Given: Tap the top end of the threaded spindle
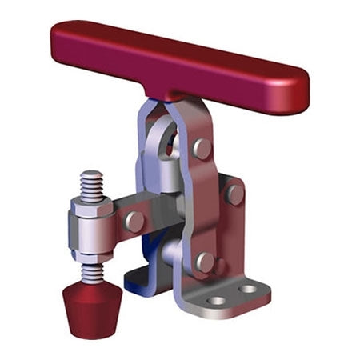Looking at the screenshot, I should coord(90,174).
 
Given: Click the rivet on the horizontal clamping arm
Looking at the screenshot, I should coord(135,221).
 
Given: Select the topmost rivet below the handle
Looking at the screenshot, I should coord(203,149).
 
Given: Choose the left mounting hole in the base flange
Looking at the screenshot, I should coord(217,301).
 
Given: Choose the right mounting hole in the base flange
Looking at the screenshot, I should coord(249,289).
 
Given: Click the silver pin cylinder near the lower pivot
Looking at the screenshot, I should coord(170,254).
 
